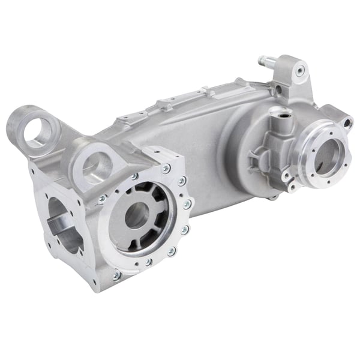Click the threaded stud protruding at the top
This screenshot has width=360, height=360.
[x=264, y=61]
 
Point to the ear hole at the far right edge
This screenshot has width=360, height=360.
[x=347, y=123]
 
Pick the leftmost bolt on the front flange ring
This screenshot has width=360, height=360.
[x=103, y=197]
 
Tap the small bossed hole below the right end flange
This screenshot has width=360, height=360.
[x=292, y=188]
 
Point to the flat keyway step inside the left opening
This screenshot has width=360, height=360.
[x=60, y=227]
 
